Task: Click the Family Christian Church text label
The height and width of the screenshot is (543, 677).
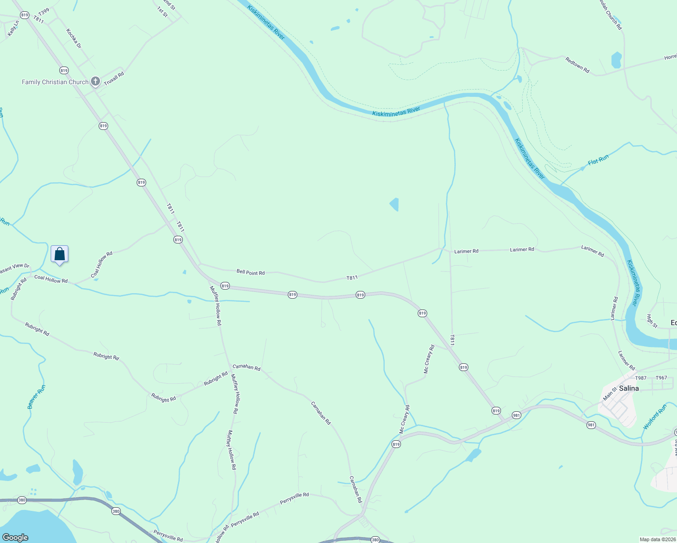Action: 55,82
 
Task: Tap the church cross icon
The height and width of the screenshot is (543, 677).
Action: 95,81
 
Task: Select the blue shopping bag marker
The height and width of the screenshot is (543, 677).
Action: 60,254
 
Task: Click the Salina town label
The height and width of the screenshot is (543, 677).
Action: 629,388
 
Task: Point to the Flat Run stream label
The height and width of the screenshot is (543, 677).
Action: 598,160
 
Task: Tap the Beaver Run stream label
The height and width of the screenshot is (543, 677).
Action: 37,397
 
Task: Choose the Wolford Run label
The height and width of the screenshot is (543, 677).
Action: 655,417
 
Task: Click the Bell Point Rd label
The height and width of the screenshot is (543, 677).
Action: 250,272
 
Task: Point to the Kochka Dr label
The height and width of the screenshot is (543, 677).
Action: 74,38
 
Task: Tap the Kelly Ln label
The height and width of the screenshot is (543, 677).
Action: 13,29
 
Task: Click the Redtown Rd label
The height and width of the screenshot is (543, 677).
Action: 577,65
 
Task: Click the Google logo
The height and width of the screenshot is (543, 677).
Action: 15,537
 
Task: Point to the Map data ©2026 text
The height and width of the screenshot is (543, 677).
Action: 657,539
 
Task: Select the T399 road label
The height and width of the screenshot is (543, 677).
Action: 44,11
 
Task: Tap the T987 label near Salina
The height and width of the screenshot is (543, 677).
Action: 641,378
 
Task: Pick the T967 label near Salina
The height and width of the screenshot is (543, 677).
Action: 661,378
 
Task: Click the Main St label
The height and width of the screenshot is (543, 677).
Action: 610,393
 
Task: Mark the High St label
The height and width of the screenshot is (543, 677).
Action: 652,321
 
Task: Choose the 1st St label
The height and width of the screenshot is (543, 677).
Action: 162,12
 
